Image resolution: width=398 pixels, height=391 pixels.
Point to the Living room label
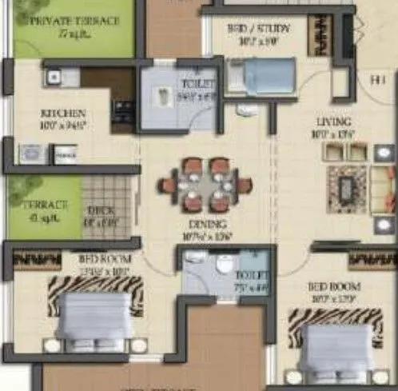(x=334, y=121)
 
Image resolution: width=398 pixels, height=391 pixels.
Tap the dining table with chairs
(x=205, y=186)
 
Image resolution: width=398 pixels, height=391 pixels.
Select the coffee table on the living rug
(x=346, y=189)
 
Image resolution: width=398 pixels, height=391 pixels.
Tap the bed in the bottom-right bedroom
(x=336, y=344)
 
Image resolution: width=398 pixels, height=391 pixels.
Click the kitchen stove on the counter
(x=124, y=110)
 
